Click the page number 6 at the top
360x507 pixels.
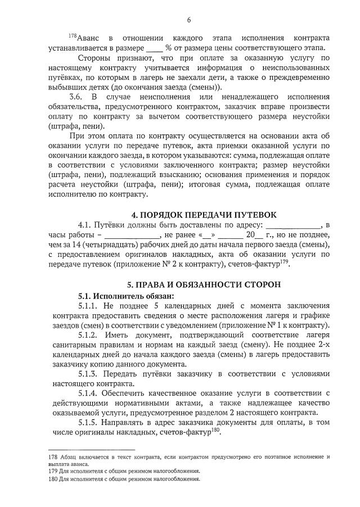(188, 20)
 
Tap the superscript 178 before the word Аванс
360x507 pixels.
(72, 36)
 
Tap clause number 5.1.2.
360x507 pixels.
(89, 334)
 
